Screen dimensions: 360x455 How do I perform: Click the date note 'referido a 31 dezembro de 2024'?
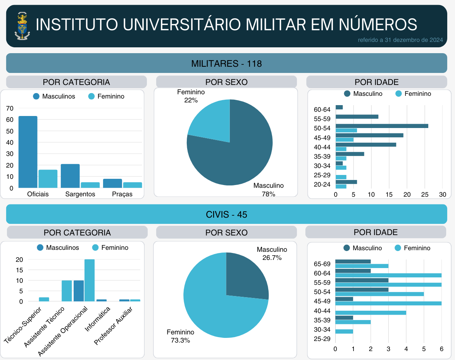[x=403, y=40]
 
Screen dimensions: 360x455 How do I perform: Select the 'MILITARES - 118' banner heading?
[x=227, y=64]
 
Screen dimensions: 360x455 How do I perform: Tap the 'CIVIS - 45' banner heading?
[x=227, y=214]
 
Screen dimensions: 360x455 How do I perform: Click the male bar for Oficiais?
[x=28, y=152]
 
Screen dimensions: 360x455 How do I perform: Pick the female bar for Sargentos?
[x=90, y=185]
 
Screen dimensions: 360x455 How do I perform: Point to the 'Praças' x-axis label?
[x=122, y=194]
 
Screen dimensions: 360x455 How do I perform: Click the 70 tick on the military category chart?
[x=10, y=108]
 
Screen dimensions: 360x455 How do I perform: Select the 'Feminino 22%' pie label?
[x=191, y=96]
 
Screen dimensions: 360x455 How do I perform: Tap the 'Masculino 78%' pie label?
[x=269, y=190]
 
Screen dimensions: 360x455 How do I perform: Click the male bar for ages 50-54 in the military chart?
[x=382, y=126]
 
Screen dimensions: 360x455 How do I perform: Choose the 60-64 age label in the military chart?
[x=322, y=109]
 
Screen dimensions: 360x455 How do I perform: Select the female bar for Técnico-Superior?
[x=44, y=299]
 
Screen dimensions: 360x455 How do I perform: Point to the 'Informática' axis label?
[x=98, y=320]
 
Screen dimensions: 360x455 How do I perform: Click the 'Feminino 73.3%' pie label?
[x=181, y=336]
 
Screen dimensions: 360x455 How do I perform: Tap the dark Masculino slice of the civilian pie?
[x=246, y=275]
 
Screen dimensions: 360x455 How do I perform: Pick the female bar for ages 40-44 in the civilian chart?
[x=371, y=313]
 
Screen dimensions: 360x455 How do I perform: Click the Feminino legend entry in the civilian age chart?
[x=412, y=248]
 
